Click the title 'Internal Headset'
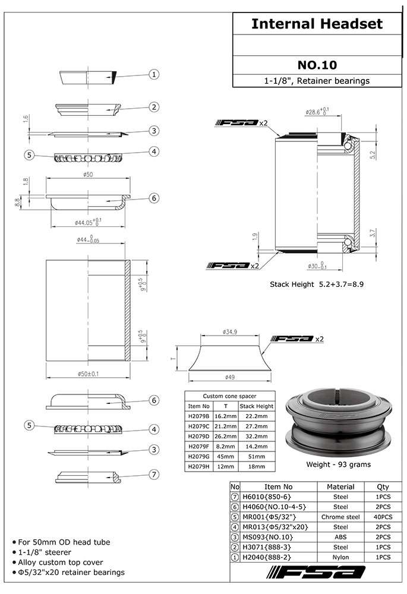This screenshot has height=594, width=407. click(317, 24)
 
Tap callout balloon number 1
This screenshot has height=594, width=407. click(154, 74)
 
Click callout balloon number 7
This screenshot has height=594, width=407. click(154, 474)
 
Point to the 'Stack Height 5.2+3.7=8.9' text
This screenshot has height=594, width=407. click(317, 285)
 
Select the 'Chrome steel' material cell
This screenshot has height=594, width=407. click(340, 517)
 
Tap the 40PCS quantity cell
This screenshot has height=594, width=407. click(383, 517)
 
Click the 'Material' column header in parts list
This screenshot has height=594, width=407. click(340, 486)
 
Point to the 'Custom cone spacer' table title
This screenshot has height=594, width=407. click(229, 396)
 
